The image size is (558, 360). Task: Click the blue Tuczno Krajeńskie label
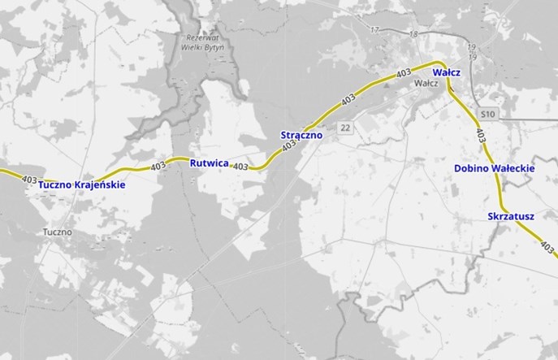click(81, 185)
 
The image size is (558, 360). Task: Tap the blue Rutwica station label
click(209, 163)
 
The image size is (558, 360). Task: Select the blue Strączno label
click(301, 134)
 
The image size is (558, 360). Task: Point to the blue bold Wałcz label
click(447, 72)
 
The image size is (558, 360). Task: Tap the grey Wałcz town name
click(426, 84)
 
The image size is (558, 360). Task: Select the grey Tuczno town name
click(57, 232)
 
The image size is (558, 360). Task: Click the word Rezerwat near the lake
click(201, 38)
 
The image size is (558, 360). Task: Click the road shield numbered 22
click(346, 128)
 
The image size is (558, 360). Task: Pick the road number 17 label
click(374, 30)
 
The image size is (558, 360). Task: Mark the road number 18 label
click(413, 34)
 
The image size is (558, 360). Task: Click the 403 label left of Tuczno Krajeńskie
click(31, 179)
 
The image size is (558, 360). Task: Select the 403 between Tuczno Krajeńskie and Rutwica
click(158, 167)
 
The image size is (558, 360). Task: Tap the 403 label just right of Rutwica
click(240, 167)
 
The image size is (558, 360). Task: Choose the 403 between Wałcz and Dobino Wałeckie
click(482, 134)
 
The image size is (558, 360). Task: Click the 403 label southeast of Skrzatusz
click(547, 246)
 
